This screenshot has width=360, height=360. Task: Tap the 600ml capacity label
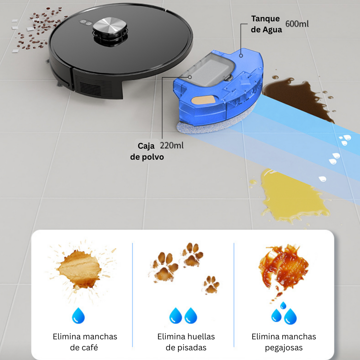point(297,24)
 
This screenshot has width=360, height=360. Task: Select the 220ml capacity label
point(172,146)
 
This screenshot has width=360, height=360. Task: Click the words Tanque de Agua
point(266,24)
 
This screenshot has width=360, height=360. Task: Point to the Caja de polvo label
point(147,151)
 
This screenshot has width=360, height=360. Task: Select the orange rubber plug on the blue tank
point(203,100)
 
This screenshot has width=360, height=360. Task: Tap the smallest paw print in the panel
point(211,285)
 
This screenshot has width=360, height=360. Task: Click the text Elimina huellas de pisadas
point(186,342)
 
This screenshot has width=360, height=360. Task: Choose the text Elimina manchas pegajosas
point(284,342)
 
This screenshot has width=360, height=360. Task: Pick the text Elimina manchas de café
point(85,342)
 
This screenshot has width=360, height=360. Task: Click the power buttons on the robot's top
point(86,23)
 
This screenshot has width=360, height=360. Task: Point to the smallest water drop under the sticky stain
point(283,305)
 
